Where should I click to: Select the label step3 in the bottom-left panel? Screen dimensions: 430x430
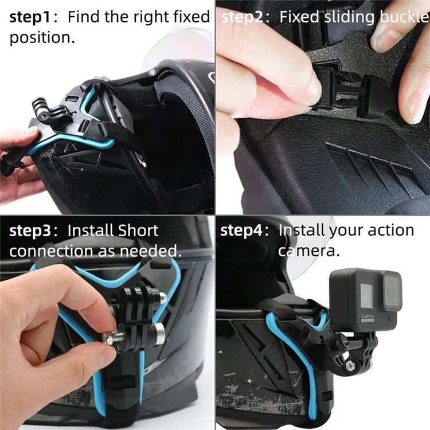[x=33, y=230]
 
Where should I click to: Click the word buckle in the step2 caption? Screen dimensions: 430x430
[x=405, y=17]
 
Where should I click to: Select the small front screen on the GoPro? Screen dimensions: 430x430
[x=367, y=293]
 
